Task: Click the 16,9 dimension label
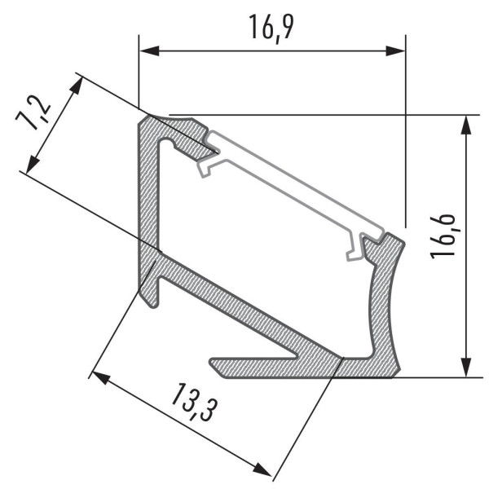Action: pos(271,27)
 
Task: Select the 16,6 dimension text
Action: pos(442,236)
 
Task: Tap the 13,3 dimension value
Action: pos(193,402)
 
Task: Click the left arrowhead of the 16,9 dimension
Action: pos(149,51)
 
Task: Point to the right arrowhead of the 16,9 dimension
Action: pos(395,51)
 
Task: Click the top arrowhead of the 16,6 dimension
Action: pos(466,125)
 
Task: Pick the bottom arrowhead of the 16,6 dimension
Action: pos(466,367)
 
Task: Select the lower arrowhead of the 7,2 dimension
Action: pos(32,165)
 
